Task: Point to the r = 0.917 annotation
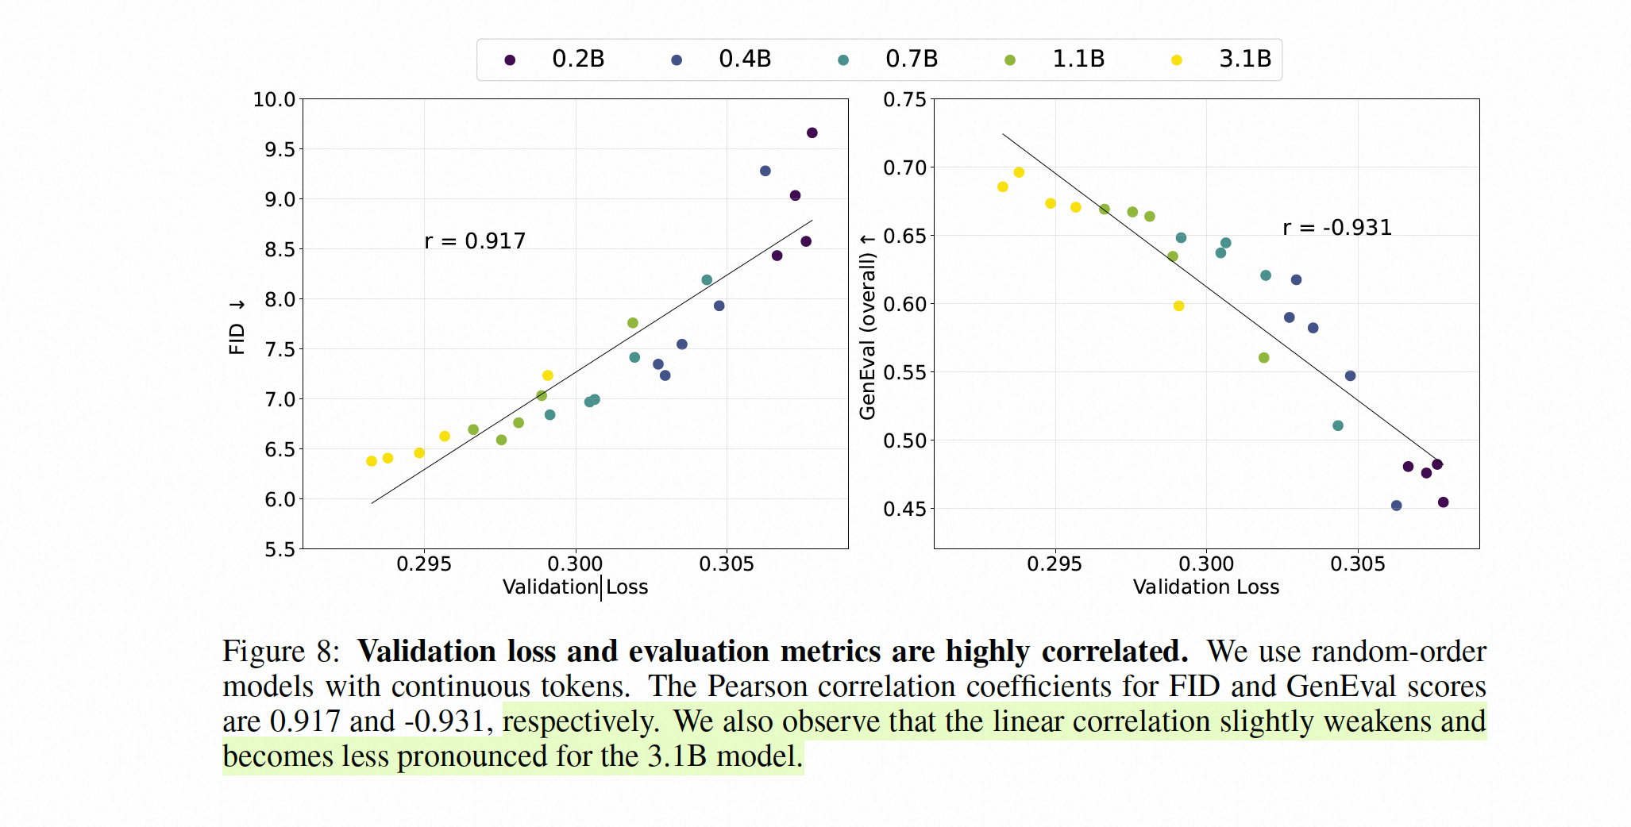[475, 241]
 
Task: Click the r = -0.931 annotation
[1337, 228]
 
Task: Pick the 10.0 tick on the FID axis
[274, 100]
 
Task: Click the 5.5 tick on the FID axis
[280, 549]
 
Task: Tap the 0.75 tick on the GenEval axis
[904, 100]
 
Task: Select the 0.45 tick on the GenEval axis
[904, 509]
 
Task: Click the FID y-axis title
[237, 327]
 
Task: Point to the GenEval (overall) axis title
[867, 327]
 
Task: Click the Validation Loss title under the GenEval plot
[1205, 587]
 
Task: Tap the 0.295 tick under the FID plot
[423, 564]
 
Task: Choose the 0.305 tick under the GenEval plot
[1357, 564]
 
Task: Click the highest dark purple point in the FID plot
[812, 133]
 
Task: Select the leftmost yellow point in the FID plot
[372, 461]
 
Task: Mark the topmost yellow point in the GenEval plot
[1019, 172]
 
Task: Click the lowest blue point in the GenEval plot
[1396, 506]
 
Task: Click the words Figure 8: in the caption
[280, 652]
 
